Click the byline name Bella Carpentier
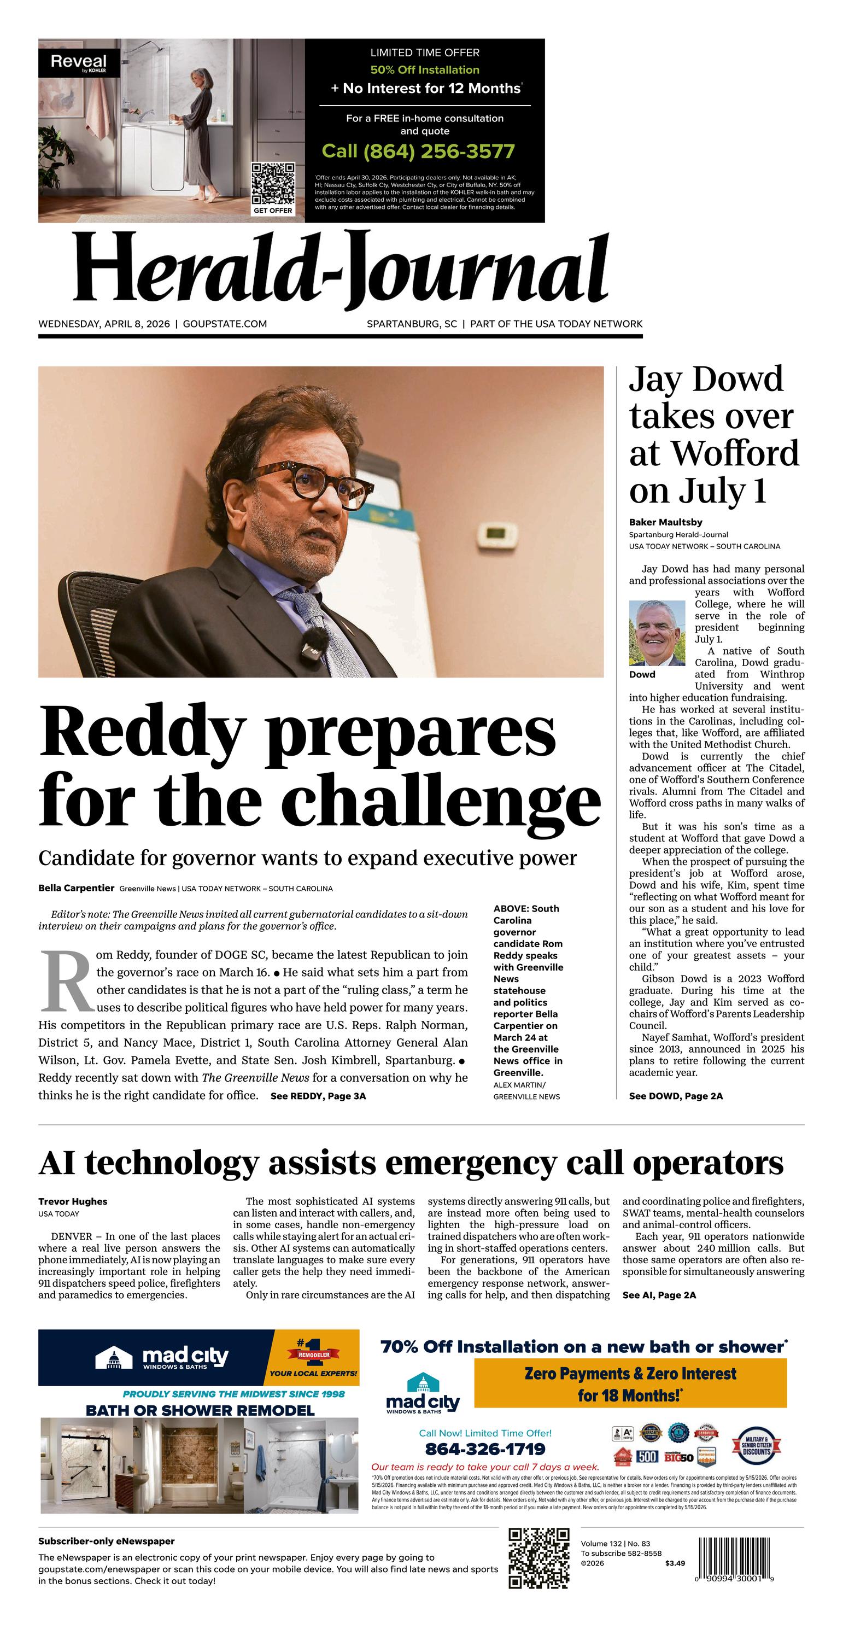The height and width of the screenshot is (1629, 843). [77, 888]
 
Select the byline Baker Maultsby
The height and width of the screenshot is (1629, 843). [665, 522]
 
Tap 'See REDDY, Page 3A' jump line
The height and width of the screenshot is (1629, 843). [318, 1096]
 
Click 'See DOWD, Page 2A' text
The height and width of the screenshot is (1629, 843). [675, 1096]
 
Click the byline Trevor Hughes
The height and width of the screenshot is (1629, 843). [73, 1201]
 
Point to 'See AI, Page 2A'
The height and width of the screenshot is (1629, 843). [659, 1295]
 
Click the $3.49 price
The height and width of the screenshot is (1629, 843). [675, 1563]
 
